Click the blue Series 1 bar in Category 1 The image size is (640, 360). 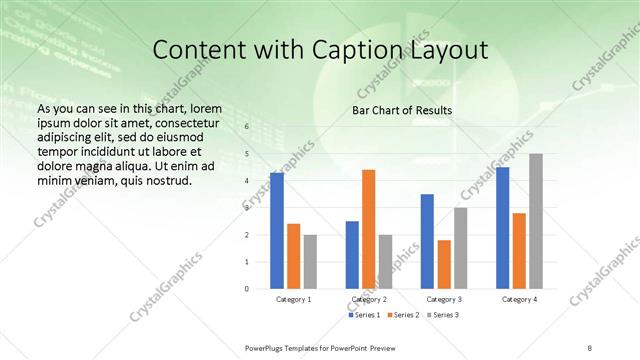coord(276,231)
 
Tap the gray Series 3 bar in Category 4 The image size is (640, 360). coord(536,221)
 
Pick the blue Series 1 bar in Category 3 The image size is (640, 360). coord(427,241)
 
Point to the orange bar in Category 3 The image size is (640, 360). coord(444,264)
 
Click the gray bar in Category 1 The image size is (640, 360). coord(310,261)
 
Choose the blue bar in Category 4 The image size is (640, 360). coord(502,228)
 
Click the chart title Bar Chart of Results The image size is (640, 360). coord(401,110)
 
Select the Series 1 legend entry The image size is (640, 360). coord(365,315)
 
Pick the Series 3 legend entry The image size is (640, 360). coord(441,315)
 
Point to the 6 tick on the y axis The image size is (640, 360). coord(247,127)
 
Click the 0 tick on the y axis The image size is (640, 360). coord(247,288)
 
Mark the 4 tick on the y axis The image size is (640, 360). coord(247,181)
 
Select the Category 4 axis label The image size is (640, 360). coord(519,299)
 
